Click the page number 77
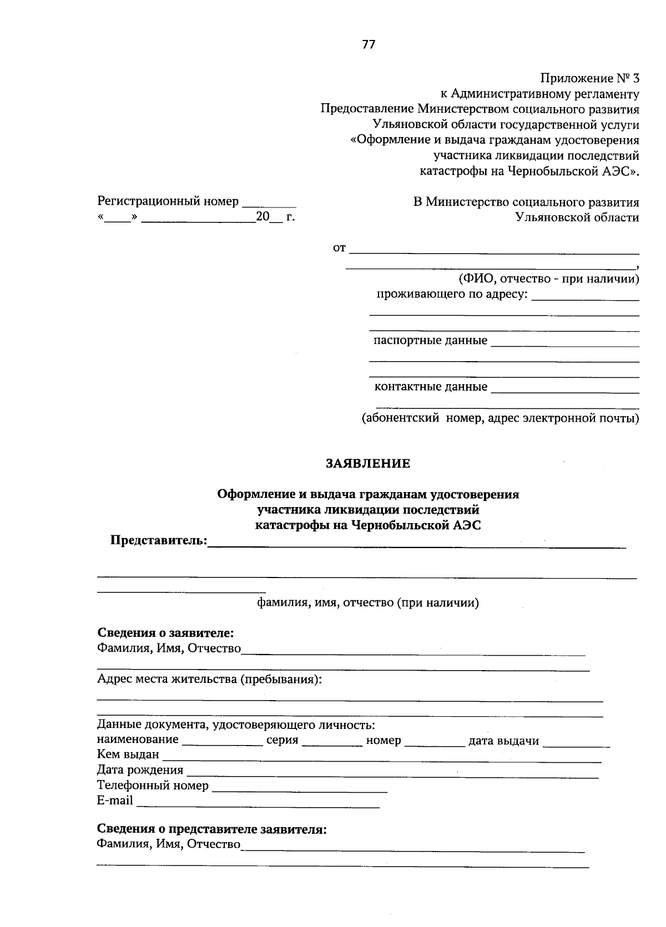click(x=369, y=45)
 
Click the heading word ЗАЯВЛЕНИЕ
click(x=368, y=463)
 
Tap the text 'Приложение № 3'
click(x=589, y=79)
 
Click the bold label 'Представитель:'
click(x=158, y=540)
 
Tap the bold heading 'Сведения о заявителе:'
click(x=165, y=633)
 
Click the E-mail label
click(x=115, y=801)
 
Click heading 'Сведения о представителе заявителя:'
click(x=211, y=829)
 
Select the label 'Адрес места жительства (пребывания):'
click(x=209, y=679)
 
